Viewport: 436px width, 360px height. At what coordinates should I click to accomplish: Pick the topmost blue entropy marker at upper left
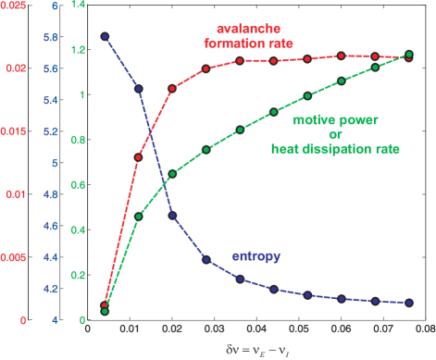click(105, 36)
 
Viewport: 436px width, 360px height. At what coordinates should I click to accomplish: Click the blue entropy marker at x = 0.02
click(172, 216)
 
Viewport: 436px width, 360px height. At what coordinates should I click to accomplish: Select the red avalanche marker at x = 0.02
click(172, 89)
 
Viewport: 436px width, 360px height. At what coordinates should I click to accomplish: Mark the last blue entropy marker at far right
click(408, 303)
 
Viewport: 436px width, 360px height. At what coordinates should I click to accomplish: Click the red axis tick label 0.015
click(15, 131)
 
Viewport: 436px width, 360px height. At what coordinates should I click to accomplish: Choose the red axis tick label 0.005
click(15, 257)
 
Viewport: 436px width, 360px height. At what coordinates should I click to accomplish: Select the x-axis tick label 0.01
click(138, 328)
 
